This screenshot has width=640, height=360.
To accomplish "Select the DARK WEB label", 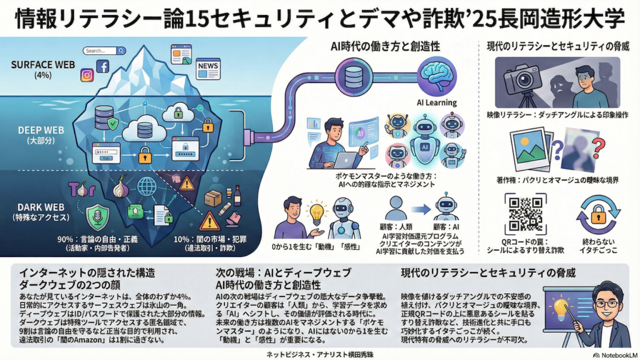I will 39,206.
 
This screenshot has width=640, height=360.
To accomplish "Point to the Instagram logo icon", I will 87,76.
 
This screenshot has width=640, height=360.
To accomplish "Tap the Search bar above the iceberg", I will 99,51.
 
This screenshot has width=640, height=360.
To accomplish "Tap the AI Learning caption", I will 436,102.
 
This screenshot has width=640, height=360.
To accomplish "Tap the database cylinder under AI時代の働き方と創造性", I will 354,76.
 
